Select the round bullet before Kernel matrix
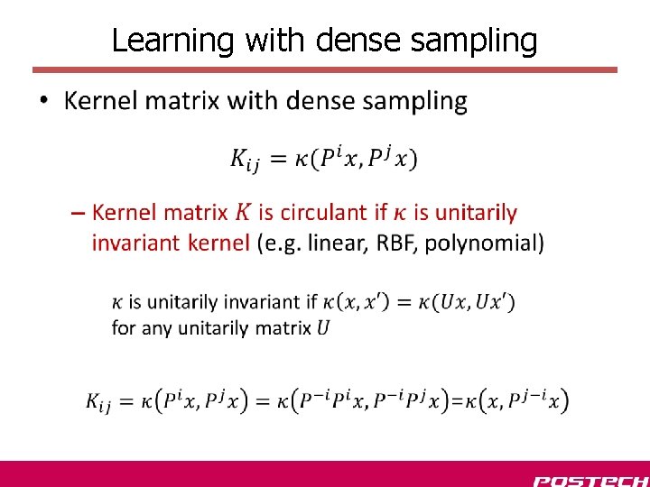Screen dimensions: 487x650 pyautogui.click(x=46, y=101)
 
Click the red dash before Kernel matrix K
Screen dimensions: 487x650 pyautogui.click(x=78, y=214)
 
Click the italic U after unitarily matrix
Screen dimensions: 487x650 pyautogui.click(x=323, y=327)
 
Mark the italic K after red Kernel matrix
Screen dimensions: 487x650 pyautogui.click(x=241, y=213)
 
